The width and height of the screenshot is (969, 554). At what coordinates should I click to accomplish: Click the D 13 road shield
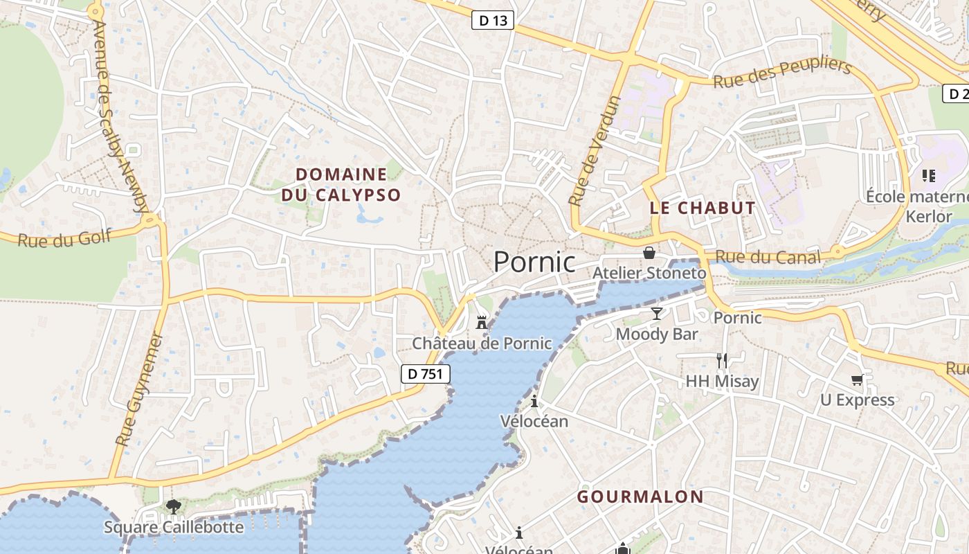493,20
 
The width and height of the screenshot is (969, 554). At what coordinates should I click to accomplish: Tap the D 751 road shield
426,374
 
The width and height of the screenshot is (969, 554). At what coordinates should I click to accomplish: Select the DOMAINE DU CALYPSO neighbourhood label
341,184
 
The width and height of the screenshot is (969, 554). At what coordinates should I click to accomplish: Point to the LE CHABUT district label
703,208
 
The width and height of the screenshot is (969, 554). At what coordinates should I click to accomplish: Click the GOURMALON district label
640,497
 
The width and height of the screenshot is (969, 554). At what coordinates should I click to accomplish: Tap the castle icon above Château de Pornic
482,322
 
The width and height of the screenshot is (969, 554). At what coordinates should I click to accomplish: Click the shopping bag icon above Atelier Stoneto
649,253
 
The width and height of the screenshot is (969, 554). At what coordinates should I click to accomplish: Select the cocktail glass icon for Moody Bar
656,314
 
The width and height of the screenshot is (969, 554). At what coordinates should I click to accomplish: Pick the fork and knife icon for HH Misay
722,360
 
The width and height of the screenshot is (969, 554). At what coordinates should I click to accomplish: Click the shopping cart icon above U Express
858,379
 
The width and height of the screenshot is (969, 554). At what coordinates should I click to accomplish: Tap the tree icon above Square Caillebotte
174,507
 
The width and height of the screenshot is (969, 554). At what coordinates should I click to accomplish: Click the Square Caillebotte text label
174,527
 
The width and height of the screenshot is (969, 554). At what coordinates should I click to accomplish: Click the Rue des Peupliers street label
782,73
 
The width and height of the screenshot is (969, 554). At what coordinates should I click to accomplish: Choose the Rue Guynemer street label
140,389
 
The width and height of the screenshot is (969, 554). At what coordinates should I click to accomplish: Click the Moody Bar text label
657,334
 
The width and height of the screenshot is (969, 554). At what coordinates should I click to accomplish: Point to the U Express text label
857,400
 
